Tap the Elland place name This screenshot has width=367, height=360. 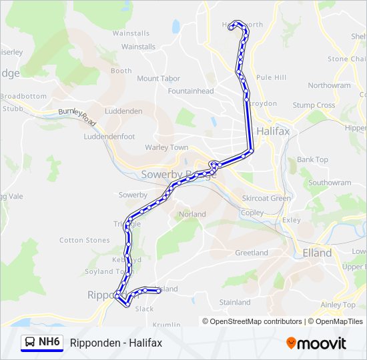pyautogui.click(x=317, y=253)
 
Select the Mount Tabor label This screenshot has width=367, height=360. pyautogui.click(x=158, y=79)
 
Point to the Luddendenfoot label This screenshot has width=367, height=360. pyautogui.click(x=109, y=137)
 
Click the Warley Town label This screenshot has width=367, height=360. pyautogui.click(x=167, y=147)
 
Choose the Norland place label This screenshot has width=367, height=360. pyautogui.click(x=192, y=215)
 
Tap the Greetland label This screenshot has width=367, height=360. pyautogui.click(x=252, y=253)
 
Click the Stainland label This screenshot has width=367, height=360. pyautogui.click(x=235, y=302)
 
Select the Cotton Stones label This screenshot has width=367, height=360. pyautogui.click(x=85, y=240)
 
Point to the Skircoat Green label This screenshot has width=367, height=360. pyautogui.click(x=266, y=198)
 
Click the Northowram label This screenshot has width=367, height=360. pyautogui.click(x=329, y=85)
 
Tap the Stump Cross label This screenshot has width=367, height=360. pyautogui.click(x=314, y=105)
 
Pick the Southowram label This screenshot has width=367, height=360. pyautogui.click(x=330, y=183)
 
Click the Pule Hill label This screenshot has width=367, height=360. pyautogui.click(x=271, y=77)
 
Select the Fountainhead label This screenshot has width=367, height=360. pyautogui.click(x=191, y=91)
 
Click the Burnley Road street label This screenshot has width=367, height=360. pyautogui.click(x=78, y=116)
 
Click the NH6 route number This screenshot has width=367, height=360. pyautogui.click(x=49, y=343)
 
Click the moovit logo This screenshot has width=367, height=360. pyautogui.click(x=316, y=343)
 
